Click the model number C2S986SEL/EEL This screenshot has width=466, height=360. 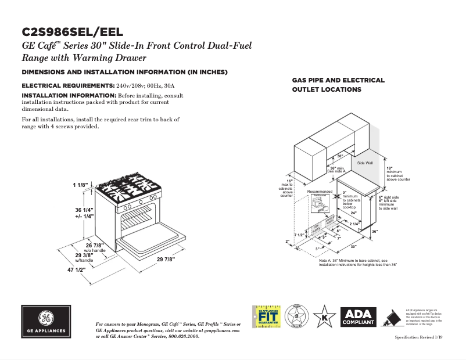72,33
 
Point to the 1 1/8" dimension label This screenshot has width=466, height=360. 80,185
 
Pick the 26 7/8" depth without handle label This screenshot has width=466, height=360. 95,244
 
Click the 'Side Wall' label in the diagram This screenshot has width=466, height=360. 365,163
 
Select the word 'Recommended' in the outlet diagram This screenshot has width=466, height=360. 320,192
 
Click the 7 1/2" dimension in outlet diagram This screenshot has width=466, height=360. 299,235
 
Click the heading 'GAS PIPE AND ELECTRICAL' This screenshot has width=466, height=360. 338,80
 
